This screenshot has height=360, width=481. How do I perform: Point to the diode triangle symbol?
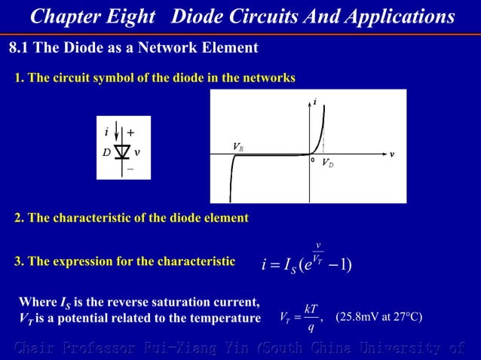(x=122, y=151)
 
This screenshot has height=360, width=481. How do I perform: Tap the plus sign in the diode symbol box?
(x=130, y=133)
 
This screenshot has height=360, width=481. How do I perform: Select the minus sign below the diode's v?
(x=130, y=169)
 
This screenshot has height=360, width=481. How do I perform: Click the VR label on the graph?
(x=237, y=146)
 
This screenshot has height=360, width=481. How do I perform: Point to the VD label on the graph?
(x=329, y=163)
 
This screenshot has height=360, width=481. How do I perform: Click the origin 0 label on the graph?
(x=312, y=160)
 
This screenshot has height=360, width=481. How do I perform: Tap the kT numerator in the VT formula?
(x=311, y=309)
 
